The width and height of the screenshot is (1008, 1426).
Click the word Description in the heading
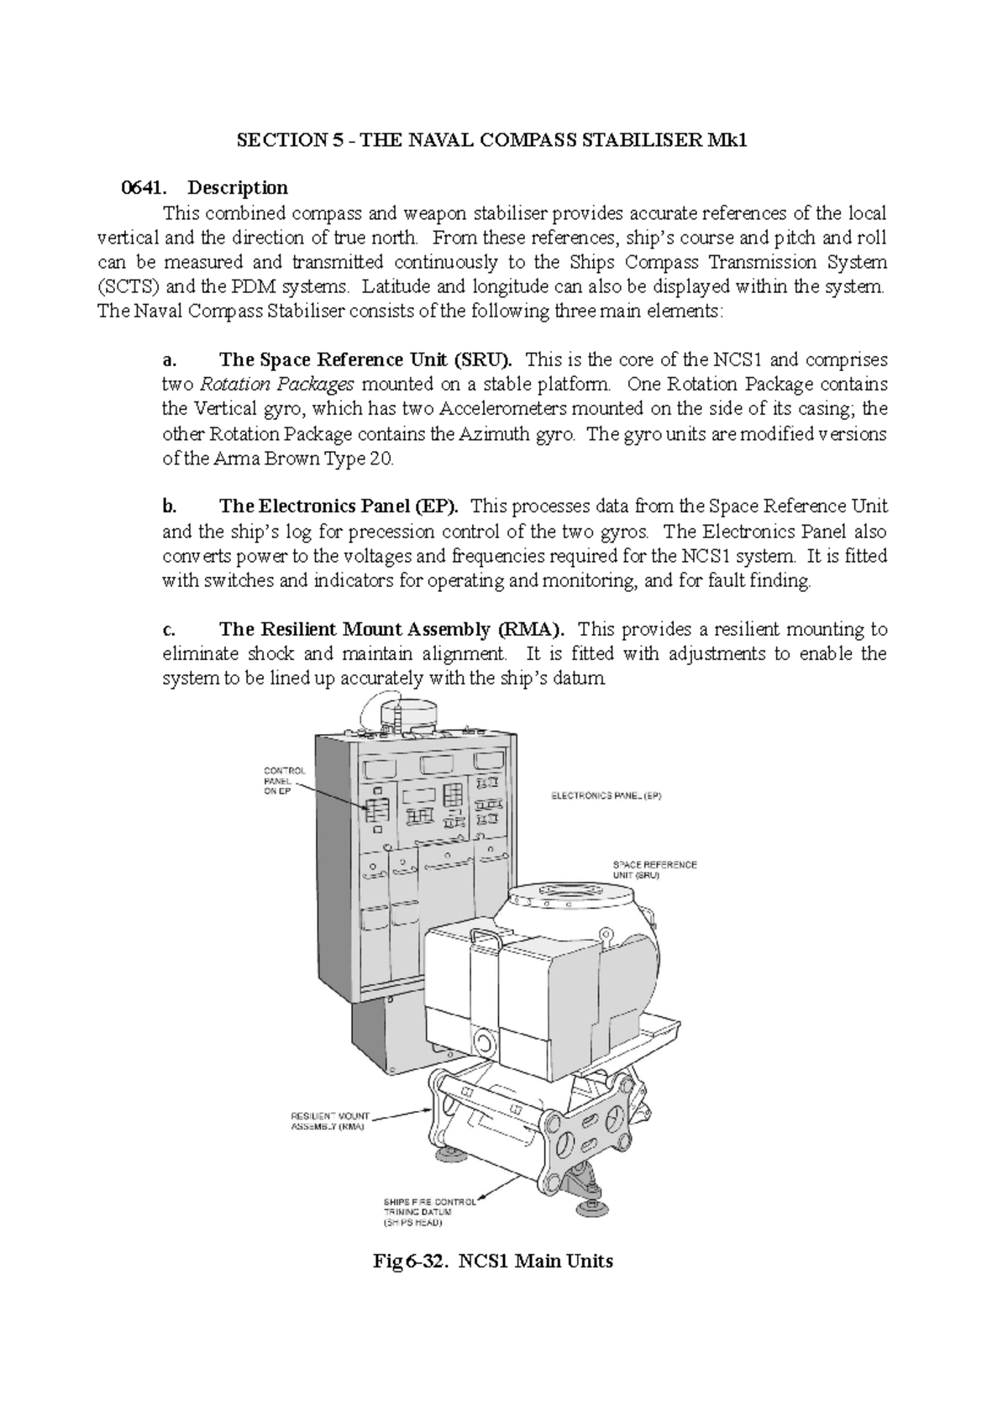[x=238, y=188]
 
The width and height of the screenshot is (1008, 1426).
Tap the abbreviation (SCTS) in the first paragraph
[x=128, y=287]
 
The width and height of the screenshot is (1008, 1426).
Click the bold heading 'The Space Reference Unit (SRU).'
[x=365, y=360]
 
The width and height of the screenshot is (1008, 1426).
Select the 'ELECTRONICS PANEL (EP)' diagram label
[x=606, y=796]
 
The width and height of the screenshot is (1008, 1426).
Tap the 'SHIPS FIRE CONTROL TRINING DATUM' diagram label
[x=429, y=1214]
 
